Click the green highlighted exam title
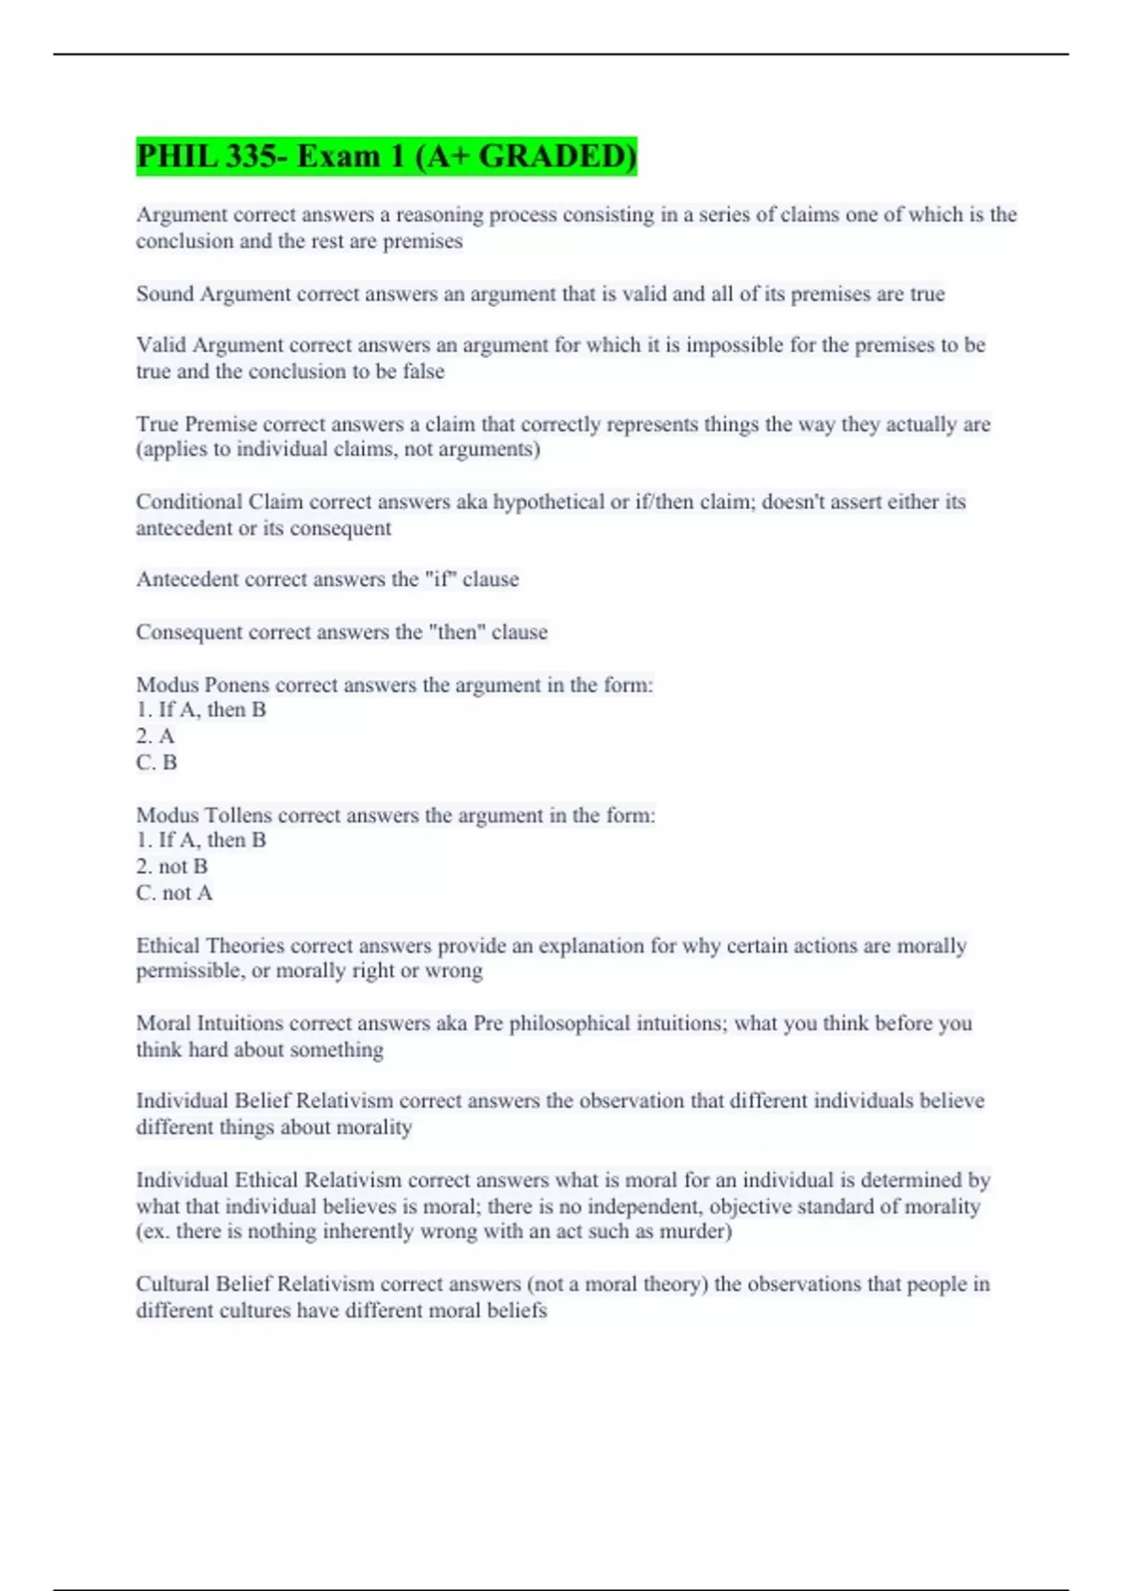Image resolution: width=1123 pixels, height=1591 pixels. (x=386, y=155)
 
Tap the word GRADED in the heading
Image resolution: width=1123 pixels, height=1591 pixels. (x=556, y=155)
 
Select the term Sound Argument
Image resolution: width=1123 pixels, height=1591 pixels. (x=213, y=294)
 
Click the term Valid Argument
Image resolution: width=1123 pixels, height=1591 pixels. (x=210, y=345)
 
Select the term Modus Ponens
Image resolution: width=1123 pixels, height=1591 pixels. (x=202, y=685)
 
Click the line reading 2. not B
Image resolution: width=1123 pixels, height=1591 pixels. (x=172, y=867)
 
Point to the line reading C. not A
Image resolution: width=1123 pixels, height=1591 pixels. (x=174, y=893)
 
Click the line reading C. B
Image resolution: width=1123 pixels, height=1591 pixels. (x=156, y=763)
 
